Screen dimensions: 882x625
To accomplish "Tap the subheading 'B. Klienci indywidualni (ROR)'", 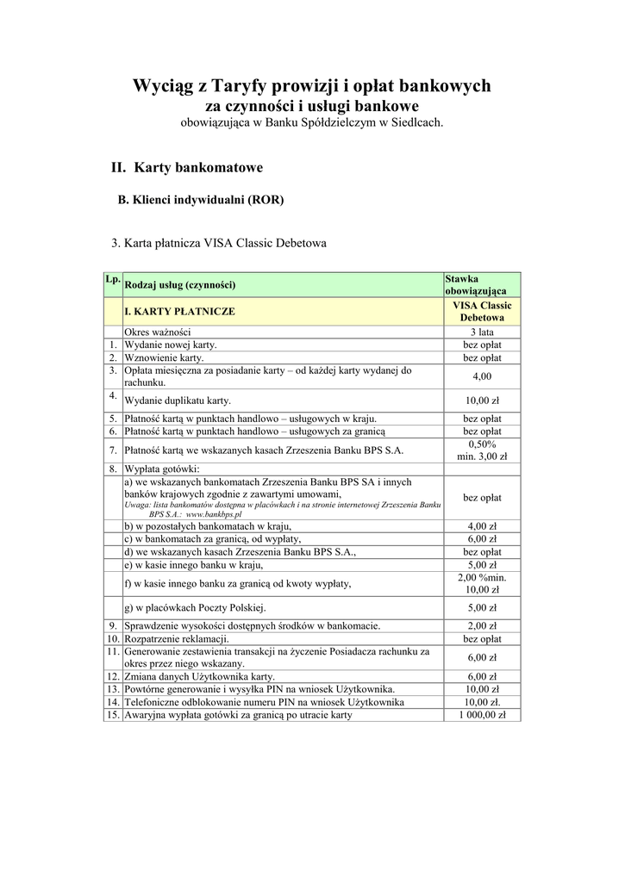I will tap(200, 200).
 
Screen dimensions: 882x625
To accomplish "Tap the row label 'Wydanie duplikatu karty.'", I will tap(178, 401).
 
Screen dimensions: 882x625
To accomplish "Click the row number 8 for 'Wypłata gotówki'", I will tap(112, 469).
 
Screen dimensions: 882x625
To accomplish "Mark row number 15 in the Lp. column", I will tap(112, 715).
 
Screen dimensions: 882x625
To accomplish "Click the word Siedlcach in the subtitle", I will tap(416, 123).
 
